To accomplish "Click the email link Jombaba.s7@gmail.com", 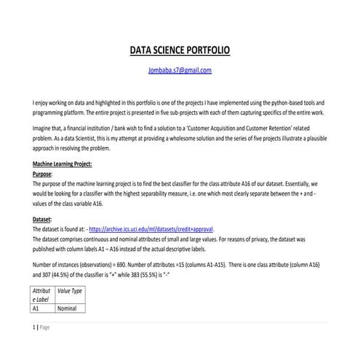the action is (x=180, y=71).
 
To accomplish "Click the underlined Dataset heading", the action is (x=44, y=218).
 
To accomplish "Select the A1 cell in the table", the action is (x=39, y=308).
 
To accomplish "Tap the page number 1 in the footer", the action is (x=33, y=327).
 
